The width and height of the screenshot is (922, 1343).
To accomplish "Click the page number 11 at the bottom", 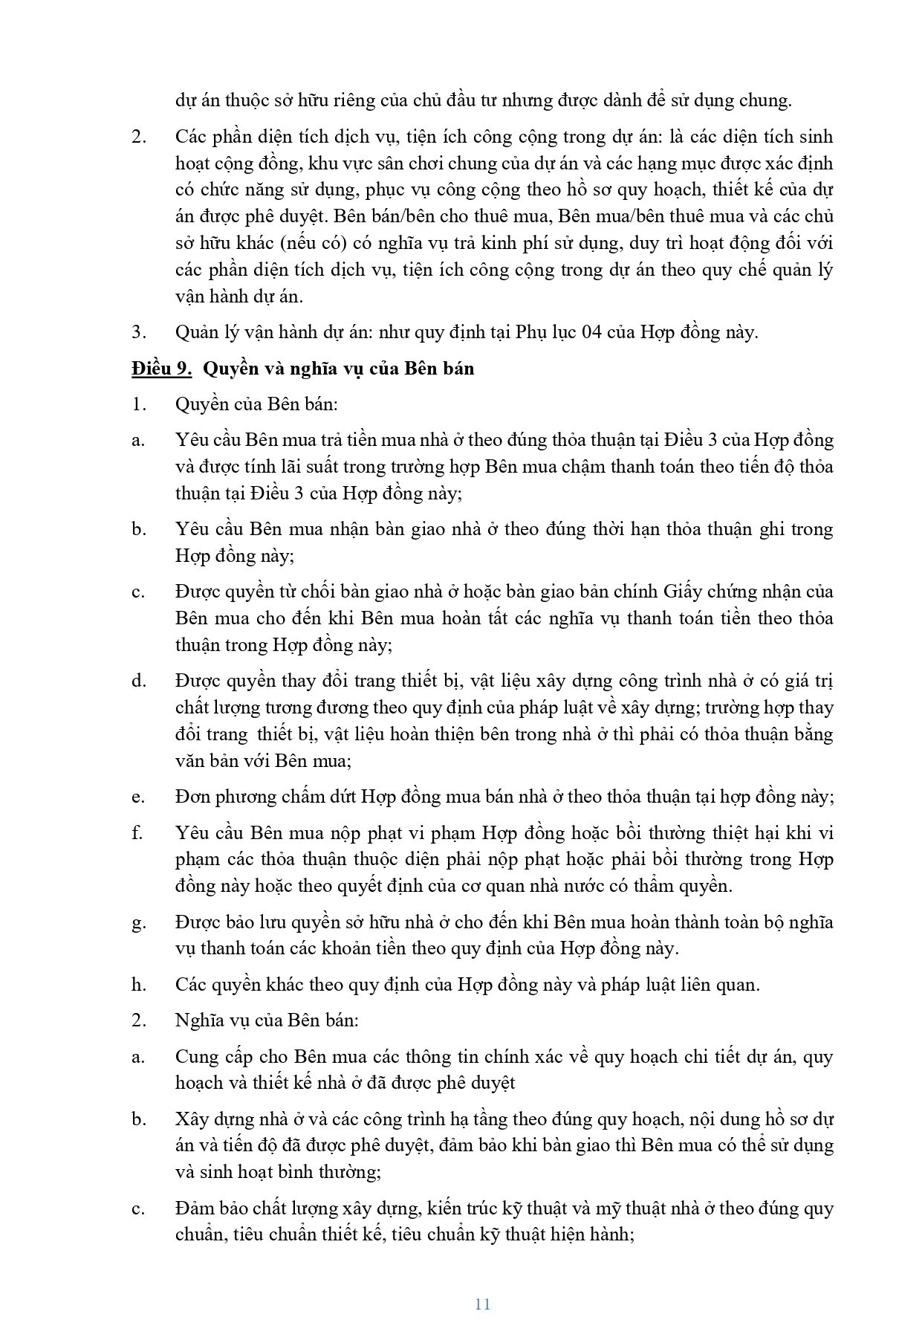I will pos(482,1304).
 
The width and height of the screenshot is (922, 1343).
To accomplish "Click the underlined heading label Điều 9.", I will pos(161,369).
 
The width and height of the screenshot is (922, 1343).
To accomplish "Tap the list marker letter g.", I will pos(138,923).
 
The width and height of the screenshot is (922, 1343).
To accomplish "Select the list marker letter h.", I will pos(138,985).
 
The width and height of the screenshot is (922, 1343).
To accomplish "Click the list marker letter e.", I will pos(137,797).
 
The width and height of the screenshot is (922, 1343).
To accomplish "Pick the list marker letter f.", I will pos(137,833).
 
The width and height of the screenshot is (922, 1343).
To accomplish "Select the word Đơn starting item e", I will pos(193,797).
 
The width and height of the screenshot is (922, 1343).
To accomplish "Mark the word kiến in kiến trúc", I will pos(445,1208).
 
